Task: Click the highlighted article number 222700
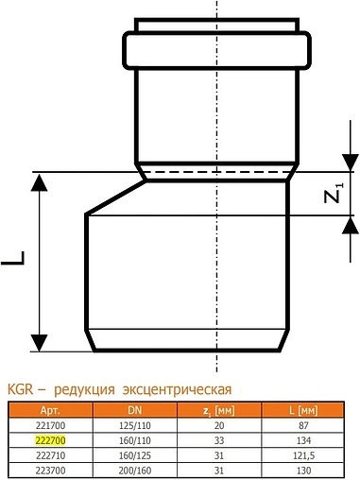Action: [48, 439]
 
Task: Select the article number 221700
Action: [48, 426]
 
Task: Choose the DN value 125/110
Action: [136, 426]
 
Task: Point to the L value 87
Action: [304, 426]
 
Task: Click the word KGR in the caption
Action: [20, 388]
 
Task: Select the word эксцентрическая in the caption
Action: [176, 388]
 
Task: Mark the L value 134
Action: [304, 439]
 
